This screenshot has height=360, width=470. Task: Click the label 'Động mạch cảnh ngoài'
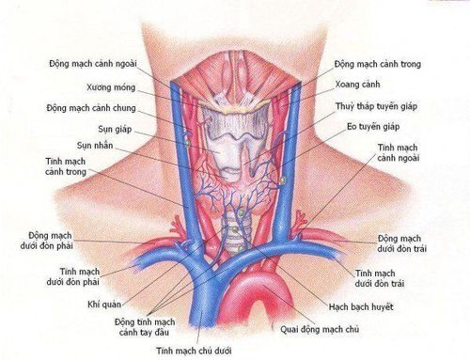tap(90, 64)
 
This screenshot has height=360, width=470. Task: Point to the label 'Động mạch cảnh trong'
tap(377, 64)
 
